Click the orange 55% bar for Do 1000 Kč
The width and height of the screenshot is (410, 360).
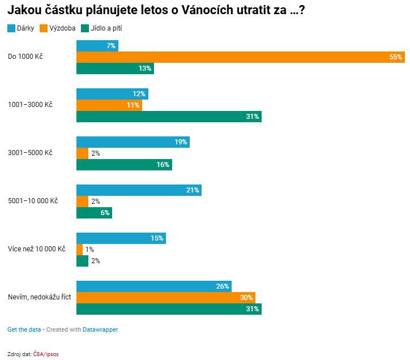[x=241, y=57]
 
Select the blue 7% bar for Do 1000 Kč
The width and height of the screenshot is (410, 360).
[x=97, y=46]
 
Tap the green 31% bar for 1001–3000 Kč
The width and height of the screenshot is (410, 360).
[x=169, y=117]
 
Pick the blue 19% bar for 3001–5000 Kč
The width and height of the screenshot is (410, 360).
[x=133, y=142]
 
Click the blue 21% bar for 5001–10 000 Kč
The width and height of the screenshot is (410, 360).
[x=139, y=190]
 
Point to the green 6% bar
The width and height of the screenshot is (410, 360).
[x=94, y=213]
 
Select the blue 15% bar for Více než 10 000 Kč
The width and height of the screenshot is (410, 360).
[x=121, y=238]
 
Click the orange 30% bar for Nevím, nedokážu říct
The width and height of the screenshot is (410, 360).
[x=165, y=298]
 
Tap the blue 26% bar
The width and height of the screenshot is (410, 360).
[x=153, y=286]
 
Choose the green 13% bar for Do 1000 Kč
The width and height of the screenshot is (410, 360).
[x=115, y=68]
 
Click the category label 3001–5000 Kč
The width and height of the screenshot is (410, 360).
[x=30, y=153]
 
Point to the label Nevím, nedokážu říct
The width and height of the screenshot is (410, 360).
[x=39, y=297]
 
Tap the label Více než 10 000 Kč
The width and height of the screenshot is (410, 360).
[x=37, y=249]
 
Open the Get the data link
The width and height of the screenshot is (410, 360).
[x=24, y=329]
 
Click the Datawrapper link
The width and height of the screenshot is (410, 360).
[x=100, y=329]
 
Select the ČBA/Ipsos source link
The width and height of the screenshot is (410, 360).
[x=45, y=354]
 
